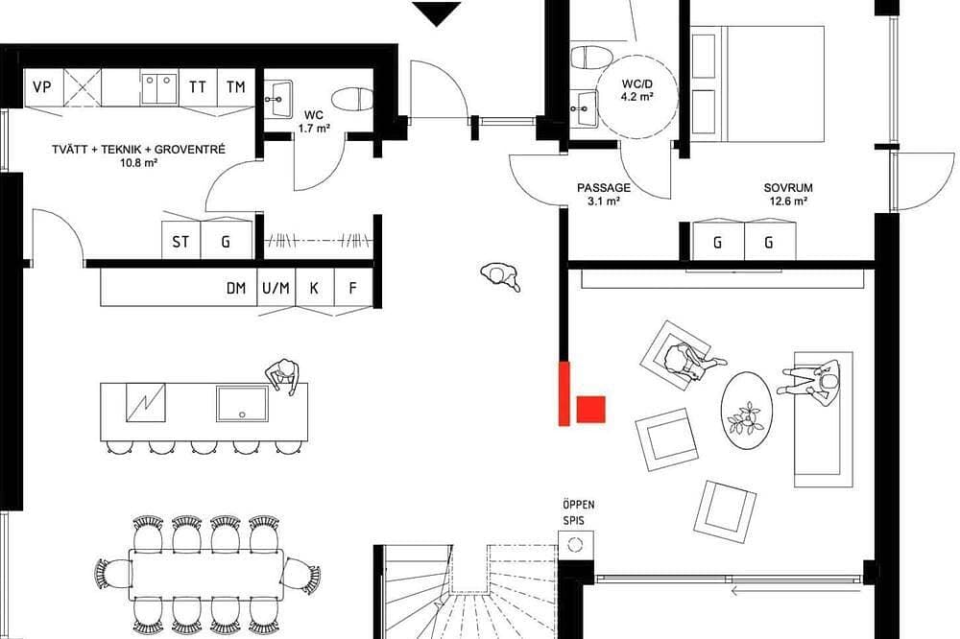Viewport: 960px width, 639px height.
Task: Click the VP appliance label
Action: coord(41,87)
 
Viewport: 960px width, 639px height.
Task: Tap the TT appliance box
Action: coord(198,87)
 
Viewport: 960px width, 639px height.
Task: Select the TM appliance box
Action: coord(236,87)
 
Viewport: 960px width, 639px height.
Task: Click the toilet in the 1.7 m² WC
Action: coord(352,99)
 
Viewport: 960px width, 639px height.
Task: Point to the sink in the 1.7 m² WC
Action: coord(279,99)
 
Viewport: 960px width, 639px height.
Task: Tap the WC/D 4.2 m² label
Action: coord(636,90)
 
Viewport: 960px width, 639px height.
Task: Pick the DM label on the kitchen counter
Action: coord(236,288)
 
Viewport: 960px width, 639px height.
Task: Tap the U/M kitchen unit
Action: coord(276,288)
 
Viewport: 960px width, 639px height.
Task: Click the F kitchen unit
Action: coord(352,288)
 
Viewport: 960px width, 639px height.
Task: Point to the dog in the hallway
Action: coord(501,276)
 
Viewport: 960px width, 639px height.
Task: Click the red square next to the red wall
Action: coord(591,410)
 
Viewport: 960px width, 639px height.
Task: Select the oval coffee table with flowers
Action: coord(746,412)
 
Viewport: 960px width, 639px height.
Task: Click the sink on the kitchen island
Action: coord(242,403)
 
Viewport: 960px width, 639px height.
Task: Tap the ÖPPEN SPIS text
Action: coord(578,513)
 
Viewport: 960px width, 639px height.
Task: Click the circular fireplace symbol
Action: coord(574,544)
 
